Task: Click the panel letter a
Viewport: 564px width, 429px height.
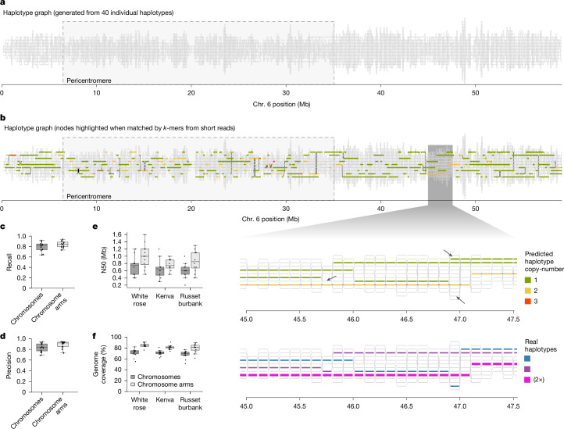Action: (2, 2)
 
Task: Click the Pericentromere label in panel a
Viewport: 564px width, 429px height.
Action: (89, 80)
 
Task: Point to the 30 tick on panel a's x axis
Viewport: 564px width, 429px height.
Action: (286, 93)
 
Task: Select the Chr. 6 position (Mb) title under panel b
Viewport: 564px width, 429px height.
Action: (270, 219)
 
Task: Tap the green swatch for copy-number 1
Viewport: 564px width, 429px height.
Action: (528, 280)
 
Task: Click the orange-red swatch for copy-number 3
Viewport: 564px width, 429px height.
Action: (528, 301)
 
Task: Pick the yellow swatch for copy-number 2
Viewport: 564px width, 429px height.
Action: (528, 291)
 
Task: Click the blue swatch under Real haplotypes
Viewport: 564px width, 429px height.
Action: (527, 359)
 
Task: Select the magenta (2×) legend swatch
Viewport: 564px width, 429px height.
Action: (527, 380)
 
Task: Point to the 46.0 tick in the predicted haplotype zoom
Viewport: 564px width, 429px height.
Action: (353, 320)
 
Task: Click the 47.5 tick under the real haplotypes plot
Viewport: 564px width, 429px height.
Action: (513, 406)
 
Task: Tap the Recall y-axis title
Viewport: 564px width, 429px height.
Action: (9, 262)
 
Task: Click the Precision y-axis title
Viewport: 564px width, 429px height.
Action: (9, 365)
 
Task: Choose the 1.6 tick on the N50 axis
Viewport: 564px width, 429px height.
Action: (117, 234)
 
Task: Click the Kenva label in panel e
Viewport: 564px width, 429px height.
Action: (165, 296)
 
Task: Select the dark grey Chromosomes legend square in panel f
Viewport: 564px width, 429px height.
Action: (132, 377)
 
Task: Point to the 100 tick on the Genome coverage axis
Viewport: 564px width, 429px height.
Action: (117, 338)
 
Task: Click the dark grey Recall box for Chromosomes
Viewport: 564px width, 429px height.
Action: (41, 247)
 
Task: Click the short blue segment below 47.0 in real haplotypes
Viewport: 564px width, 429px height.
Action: (455, 386)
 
